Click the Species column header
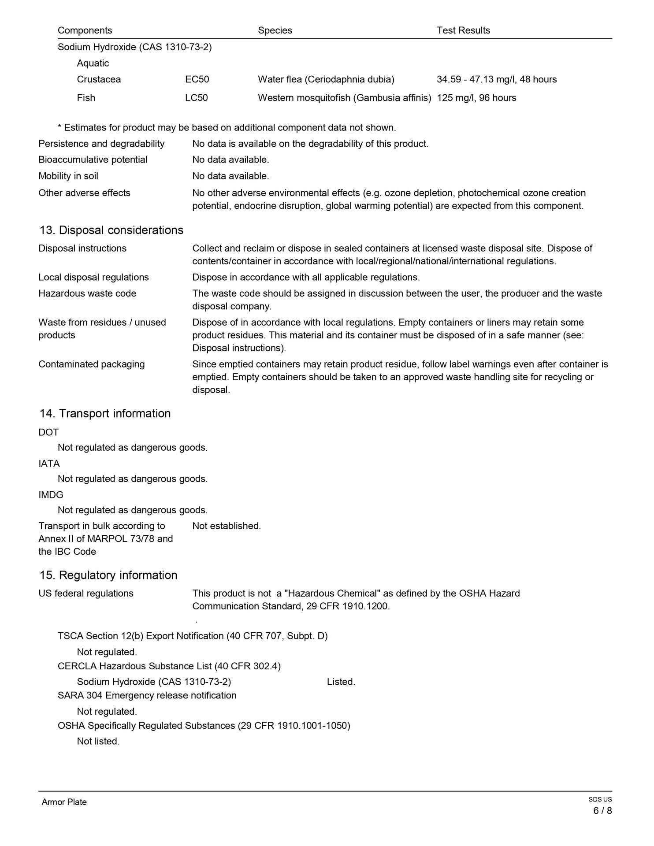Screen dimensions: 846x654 pos(275,30)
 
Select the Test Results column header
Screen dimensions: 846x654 pos(463,30)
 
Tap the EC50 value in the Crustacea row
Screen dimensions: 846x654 pos(197,79)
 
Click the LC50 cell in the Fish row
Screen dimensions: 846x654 pos(196,98)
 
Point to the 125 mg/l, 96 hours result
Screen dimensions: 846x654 pos(476,98)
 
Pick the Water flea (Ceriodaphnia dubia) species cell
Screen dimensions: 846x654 pos(326,79)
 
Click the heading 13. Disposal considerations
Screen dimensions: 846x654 pos(111,230)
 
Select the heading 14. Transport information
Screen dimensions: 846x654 pos(105,413)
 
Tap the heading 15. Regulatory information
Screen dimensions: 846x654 pos(108,575)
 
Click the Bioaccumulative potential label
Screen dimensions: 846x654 pos(93,160)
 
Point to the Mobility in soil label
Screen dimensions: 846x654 pos(68,176)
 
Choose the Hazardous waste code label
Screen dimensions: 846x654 pos(87,293)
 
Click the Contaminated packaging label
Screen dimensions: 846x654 pos(91,364)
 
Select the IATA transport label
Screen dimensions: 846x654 pos(49,464)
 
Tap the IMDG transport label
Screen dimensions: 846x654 pos(51,495)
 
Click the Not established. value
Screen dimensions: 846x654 pos(227,526)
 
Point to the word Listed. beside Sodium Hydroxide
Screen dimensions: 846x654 pos(341,682)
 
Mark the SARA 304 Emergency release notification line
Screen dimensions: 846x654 pos(147,695)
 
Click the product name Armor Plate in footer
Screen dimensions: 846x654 pos(64,802)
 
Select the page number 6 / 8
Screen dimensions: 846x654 pos(602,811)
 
